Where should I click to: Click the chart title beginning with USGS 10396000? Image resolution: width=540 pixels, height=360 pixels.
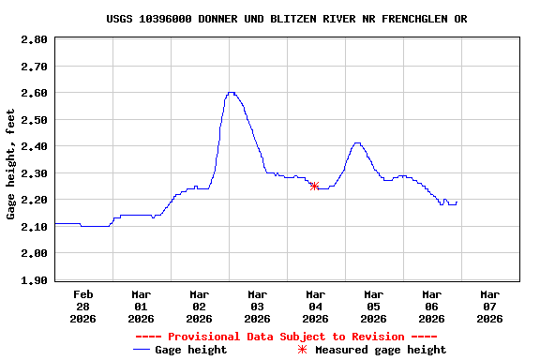point(286,19)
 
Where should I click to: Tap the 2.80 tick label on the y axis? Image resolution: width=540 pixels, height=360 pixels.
point(34,39)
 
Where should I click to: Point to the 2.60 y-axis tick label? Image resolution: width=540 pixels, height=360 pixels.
point(34,93)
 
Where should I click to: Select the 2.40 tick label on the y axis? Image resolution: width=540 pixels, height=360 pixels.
point(34,146)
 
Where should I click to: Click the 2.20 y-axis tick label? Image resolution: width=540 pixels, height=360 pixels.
point(34,200)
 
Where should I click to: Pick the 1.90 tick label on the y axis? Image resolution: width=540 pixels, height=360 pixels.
point(34,280)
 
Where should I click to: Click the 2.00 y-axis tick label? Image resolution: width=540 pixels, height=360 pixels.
point(34,253)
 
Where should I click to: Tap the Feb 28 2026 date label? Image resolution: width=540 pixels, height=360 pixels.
point(82,306)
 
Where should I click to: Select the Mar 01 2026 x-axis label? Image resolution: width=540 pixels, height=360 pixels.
point(141,306)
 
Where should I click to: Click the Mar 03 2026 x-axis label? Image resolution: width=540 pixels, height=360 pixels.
point(257,306)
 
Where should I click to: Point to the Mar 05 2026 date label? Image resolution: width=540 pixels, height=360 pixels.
point(373,306)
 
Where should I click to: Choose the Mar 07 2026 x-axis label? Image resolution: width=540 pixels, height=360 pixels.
point(489,306)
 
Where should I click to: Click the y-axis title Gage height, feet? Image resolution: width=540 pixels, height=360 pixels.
point(11,164)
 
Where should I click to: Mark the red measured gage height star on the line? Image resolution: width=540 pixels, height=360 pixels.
point(314,186)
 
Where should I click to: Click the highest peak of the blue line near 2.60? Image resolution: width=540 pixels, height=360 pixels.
point(231,93)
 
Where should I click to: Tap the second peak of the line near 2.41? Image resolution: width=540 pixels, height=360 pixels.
point(357,143)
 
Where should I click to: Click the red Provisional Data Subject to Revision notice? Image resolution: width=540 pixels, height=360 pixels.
point(286,337)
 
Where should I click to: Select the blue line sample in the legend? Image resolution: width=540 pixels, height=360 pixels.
point(142,350)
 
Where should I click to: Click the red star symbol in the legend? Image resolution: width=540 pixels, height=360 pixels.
point(302,350)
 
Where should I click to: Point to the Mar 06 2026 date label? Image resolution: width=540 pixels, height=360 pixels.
point(431,306)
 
